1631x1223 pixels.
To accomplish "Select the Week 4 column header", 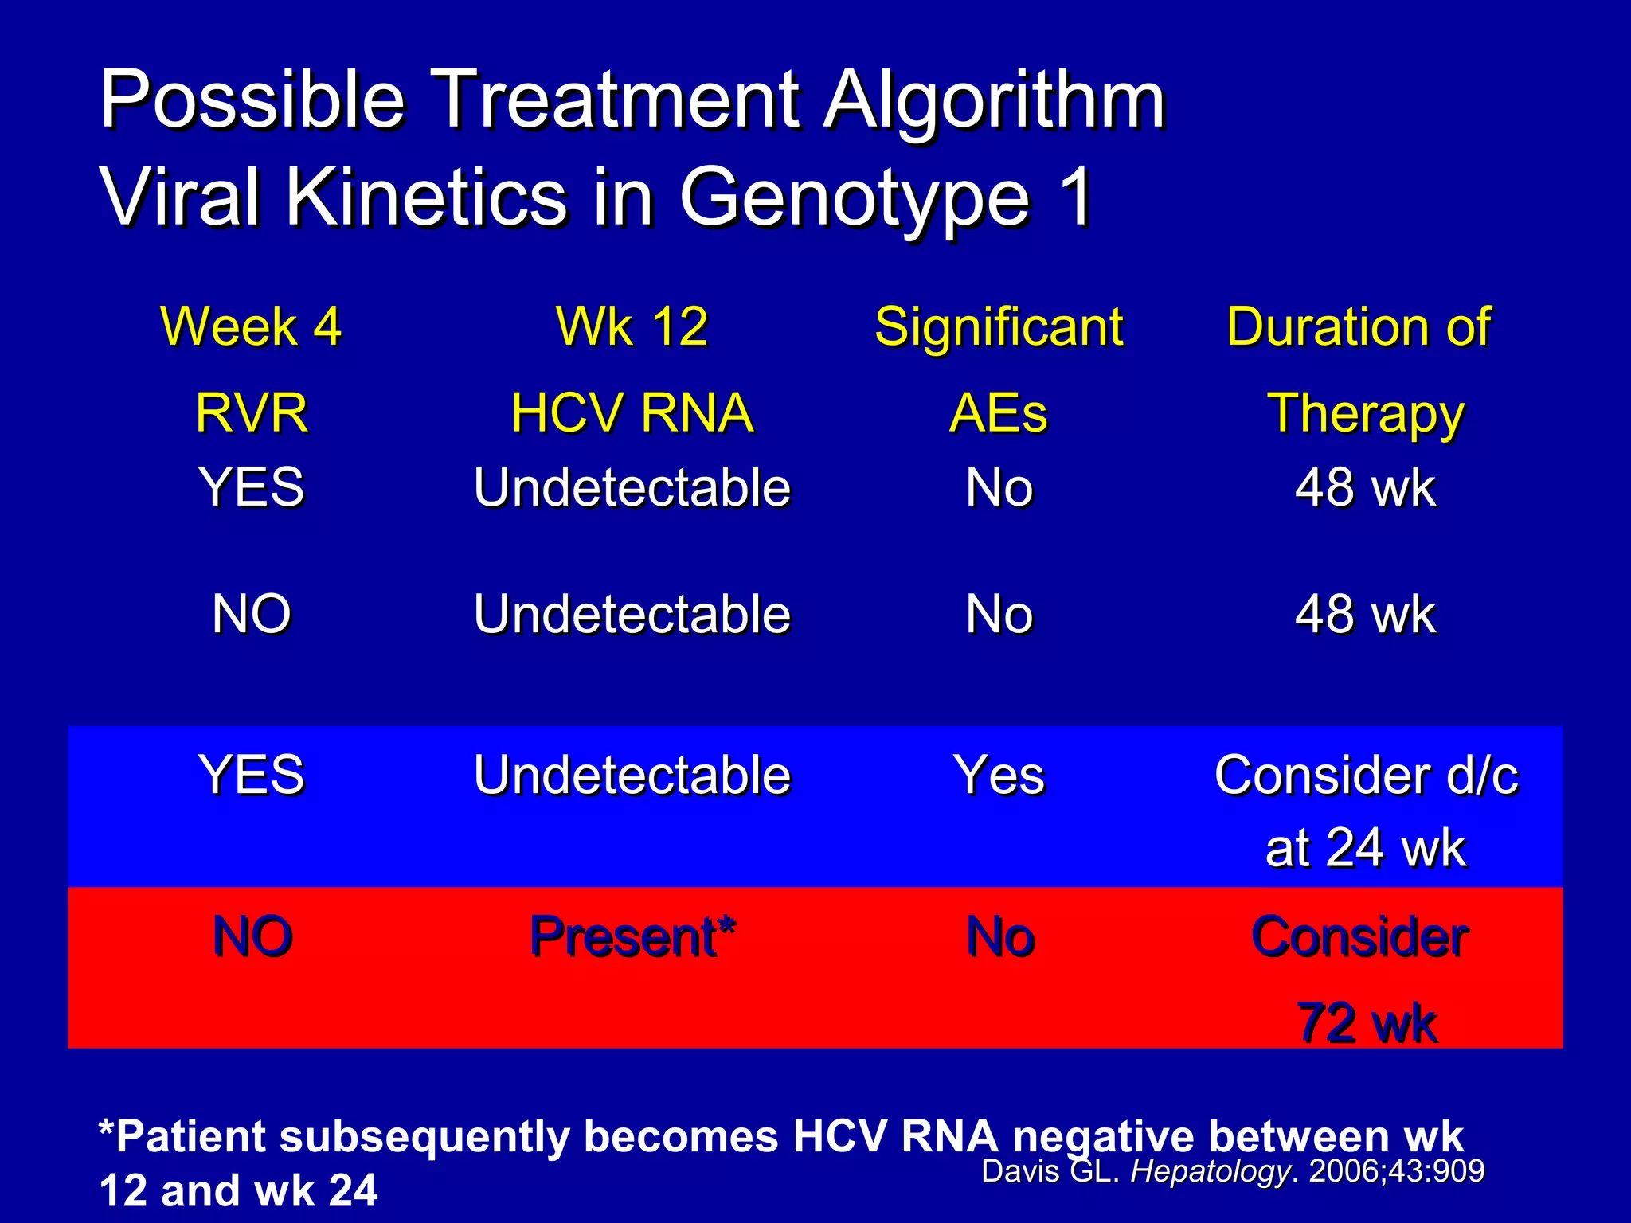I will pos(251,326).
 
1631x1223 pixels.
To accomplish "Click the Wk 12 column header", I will pos(632,326).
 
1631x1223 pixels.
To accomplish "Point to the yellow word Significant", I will pos(999,326).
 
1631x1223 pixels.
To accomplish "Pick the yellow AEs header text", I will pos(999,414).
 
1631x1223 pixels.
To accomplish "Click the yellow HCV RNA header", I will pos(632,414).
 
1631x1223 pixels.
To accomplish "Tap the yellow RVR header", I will pos(251,414).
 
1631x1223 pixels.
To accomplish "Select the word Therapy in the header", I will pos(1365,414).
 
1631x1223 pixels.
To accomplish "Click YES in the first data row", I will pos(251,487).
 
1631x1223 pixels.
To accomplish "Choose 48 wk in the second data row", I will pos(1365,615).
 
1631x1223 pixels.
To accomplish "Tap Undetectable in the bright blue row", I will pos(632,775).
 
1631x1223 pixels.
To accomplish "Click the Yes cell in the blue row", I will pos(999,775).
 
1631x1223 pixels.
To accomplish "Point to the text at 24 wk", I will pos(1365,848).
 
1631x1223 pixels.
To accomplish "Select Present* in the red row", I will pos(632,936).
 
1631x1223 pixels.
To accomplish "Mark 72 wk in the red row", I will pos(1367,1023).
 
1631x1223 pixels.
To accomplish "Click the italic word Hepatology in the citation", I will pos(1210,1171).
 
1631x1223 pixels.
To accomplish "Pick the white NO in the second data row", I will pos(251,615).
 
